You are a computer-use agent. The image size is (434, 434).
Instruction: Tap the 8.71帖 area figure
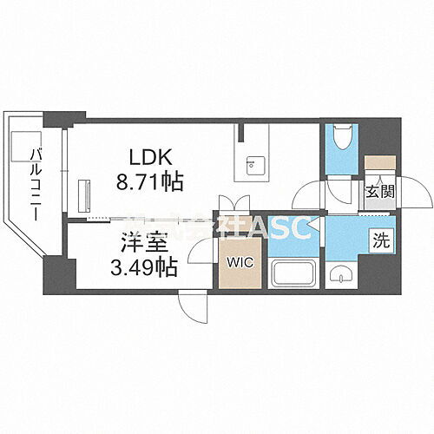click(x=151, y=181)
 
